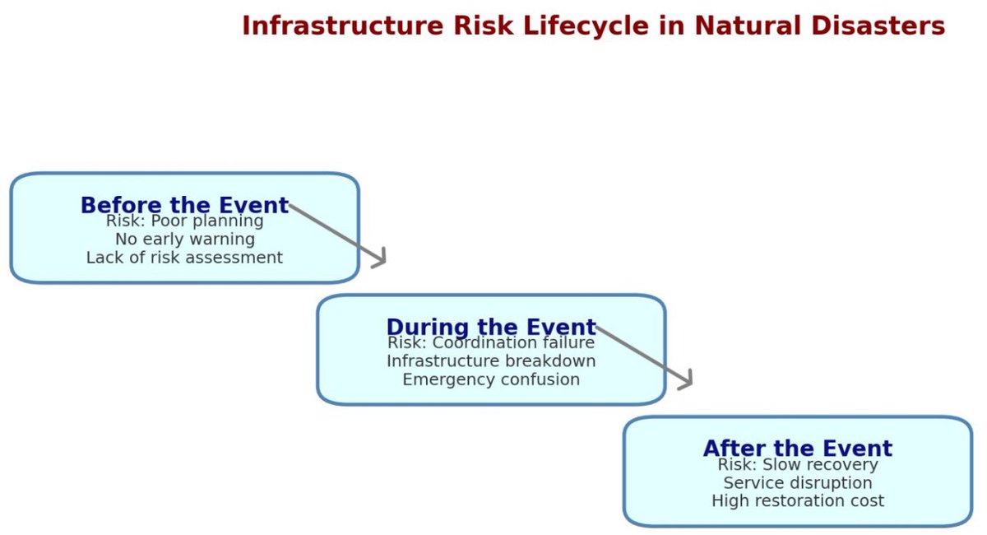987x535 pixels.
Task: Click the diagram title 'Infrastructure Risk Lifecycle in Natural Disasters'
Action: point(593,26)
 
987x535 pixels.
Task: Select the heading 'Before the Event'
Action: point(184,205)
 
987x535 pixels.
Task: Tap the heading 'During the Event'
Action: point(491,327)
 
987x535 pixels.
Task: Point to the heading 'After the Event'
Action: point(797,449)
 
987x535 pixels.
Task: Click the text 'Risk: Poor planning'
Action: point(184,221)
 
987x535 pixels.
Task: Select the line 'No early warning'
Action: point(184,240)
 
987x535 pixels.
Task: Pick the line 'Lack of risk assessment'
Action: point(184,258)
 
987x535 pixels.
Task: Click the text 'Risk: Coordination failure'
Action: point(491,343)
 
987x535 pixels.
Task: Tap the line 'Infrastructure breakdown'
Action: point(491,361)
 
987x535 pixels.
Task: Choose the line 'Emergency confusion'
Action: point(491,379)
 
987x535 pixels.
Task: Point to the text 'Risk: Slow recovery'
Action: point(797,465)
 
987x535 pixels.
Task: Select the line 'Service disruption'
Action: point(797,483)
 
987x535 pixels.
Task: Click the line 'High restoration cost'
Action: point(797,500)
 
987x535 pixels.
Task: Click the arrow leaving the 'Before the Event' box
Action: point(337,234)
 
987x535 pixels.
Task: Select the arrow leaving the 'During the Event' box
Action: point(644,356)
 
